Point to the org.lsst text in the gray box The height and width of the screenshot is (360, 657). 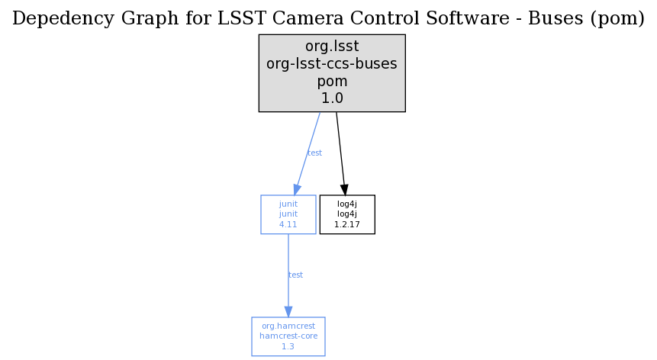click(332, 46)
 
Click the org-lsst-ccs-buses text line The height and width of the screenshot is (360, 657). click(332, 63)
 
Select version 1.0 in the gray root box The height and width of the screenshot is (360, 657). click(332, 98)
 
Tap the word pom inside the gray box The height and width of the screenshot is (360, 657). click(332, 81)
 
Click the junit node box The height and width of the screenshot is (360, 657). click(288, 214)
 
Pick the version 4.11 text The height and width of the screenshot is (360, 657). click(288, 224)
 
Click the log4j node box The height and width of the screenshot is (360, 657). click(347, 214)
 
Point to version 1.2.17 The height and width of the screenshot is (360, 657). click(347, 224)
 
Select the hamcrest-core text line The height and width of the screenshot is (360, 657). click(288, 336)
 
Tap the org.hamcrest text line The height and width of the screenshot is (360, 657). click(288, 326)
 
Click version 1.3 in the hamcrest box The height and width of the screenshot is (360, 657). click(288, 346)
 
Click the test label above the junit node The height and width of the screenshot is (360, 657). click(314, 153)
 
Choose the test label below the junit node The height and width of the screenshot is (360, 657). click(295, 275)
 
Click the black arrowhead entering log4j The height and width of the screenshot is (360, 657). click(344, 190)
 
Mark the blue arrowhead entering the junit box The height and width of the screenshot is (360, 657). click(297, 189)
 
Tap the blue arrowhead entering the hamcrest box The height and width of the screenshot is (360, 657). click(288, 311)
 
